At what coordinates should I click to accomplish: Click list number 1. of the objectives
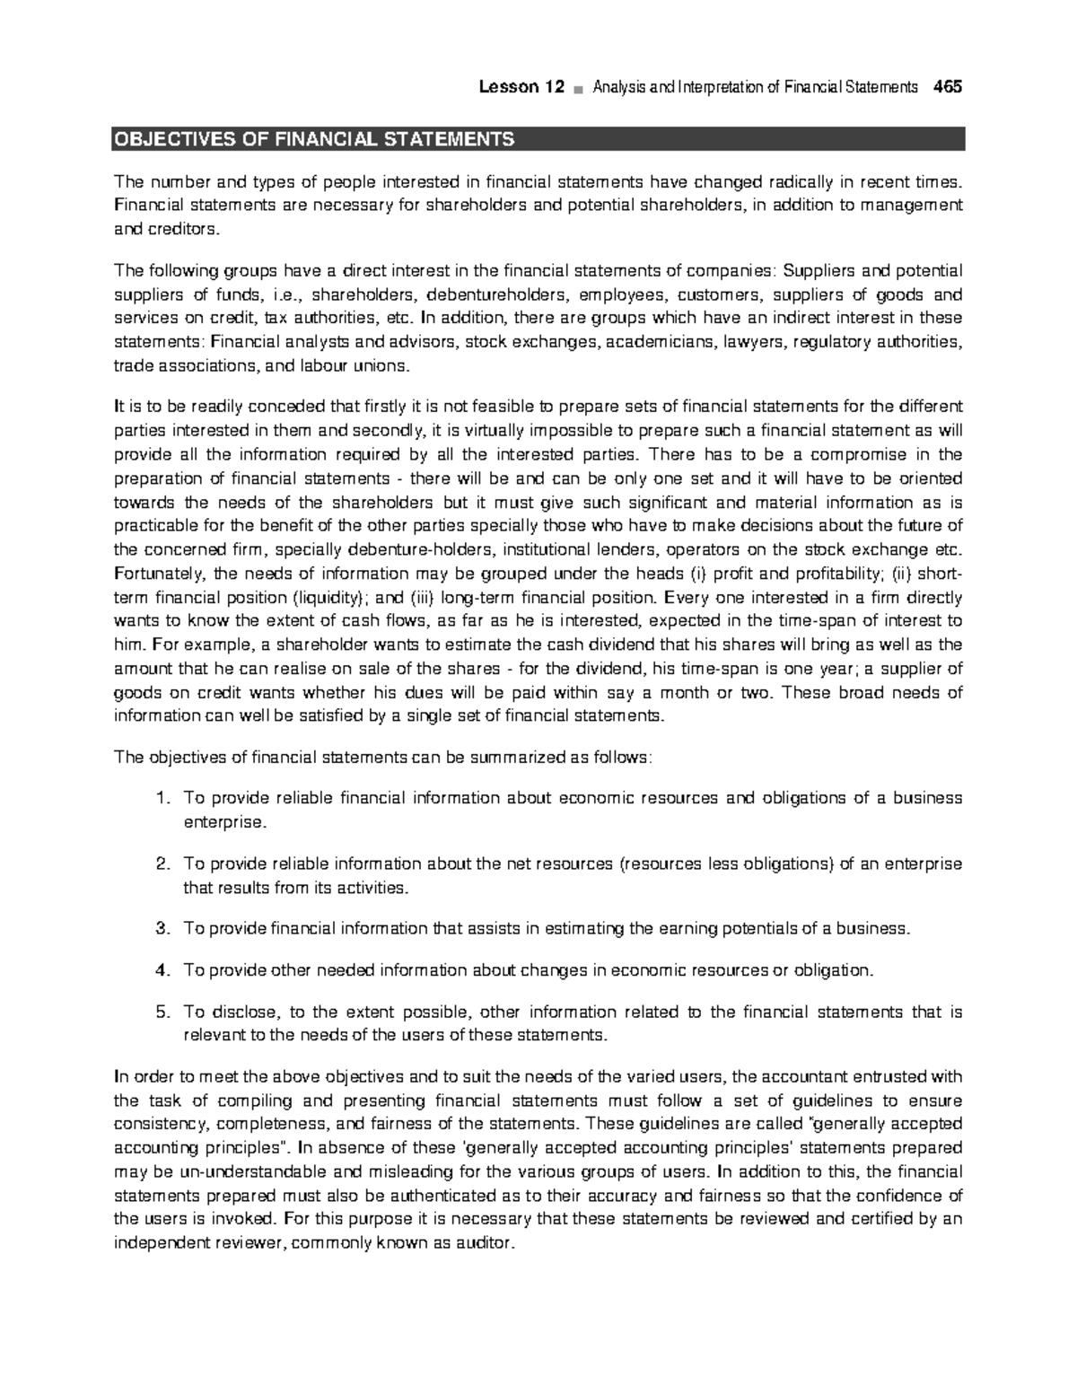point(162,799)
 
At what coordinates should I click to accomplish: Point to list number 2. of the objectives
point(162,864)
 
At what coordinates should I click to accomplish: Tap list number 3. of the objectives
point(162,929)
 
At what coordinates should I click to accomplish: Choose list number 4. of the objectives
point(162,970)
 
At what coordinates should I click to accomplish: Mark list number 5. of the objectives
point(162,1013)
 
